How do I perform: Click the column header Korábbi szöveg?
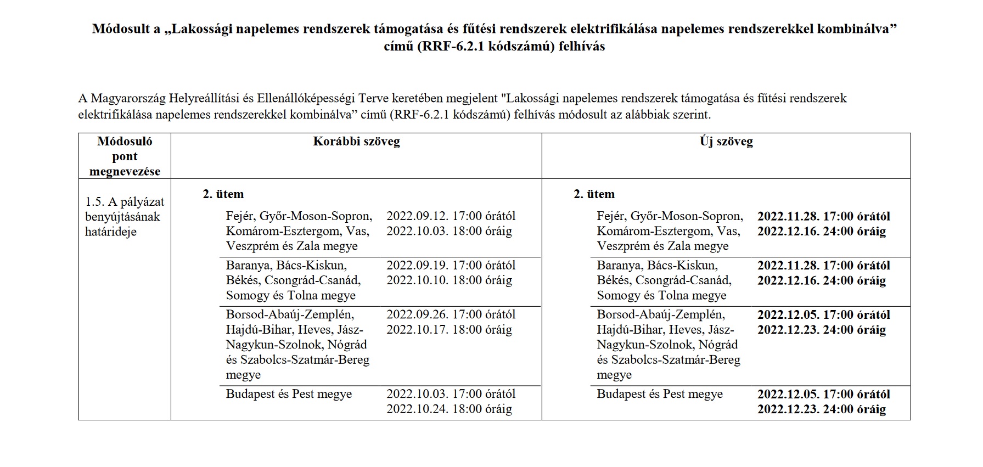pos(356,142)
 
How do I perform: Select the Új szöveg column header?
pos(726,142)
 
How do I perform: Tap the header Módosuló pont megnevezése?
pos(125,156)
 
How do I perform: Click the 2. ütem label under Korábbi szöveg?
pos(223,194)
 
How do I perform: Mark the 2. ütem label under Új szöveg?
pos(594,194)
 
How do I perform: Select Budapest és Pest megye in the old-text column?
pos(289,395)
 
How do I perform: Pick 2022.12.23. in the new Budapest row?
pos(789,409)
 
